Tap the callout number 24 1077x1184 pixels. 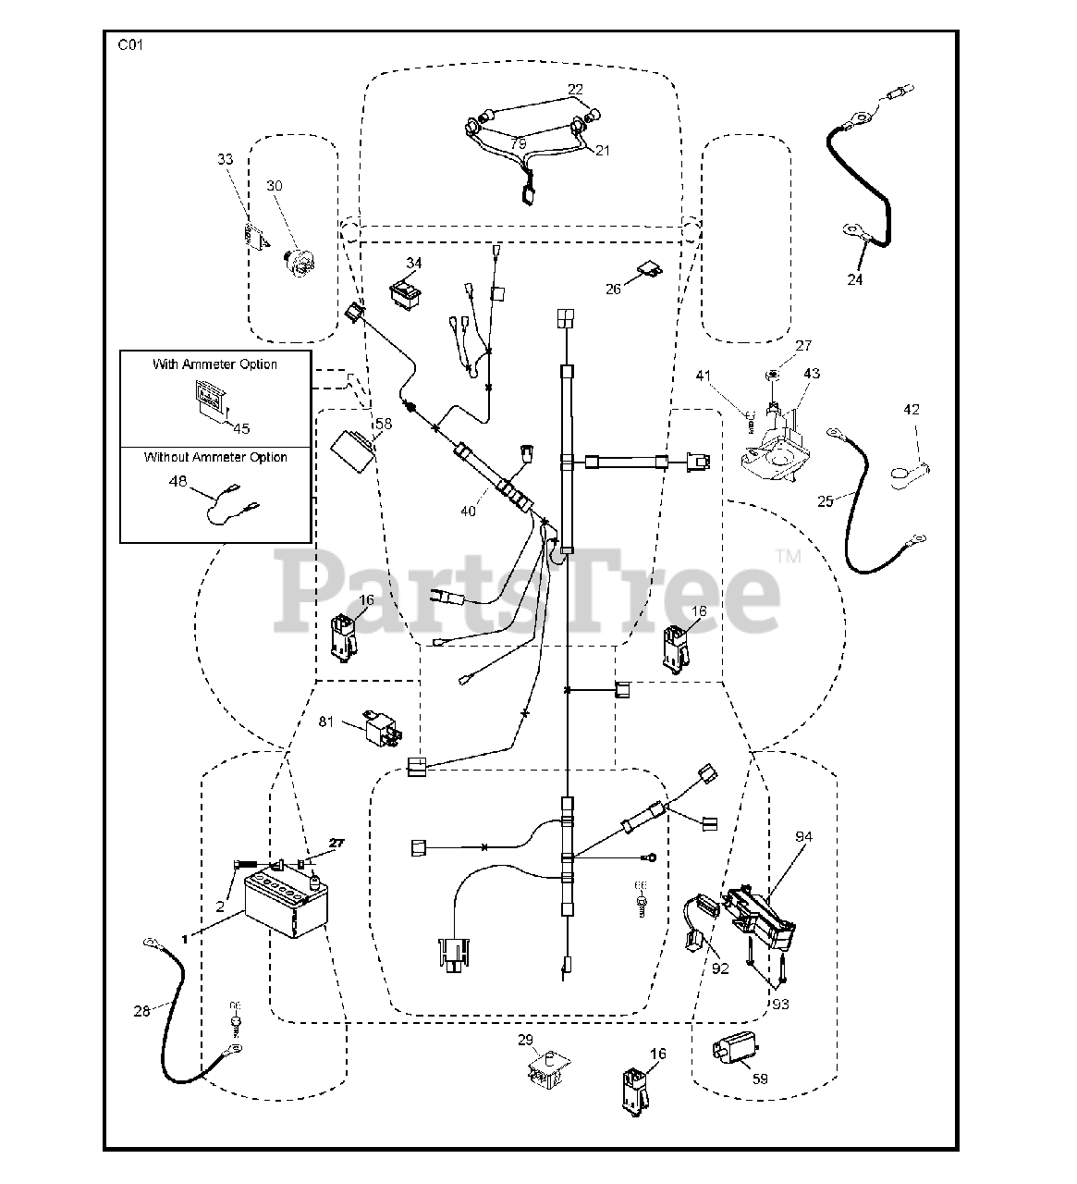click(x=855, y=278)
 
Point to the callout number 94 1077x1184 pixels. click(x=803, y=838)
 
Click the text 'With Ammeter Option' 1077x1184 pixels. click(x=214, y=364)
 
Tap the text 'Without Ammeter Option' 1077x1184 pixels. click(x=215, y=457)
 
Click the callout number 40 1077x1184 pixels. click(x=470, y=511)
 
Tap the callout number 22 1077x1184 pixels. click(x=575, y=90)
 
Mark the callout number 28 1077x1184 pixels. click(x=141, y=1011)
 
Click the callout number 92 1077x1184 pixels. click(x=721, y=968)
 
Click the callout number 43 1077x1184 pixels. click(x=811, y=374)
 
